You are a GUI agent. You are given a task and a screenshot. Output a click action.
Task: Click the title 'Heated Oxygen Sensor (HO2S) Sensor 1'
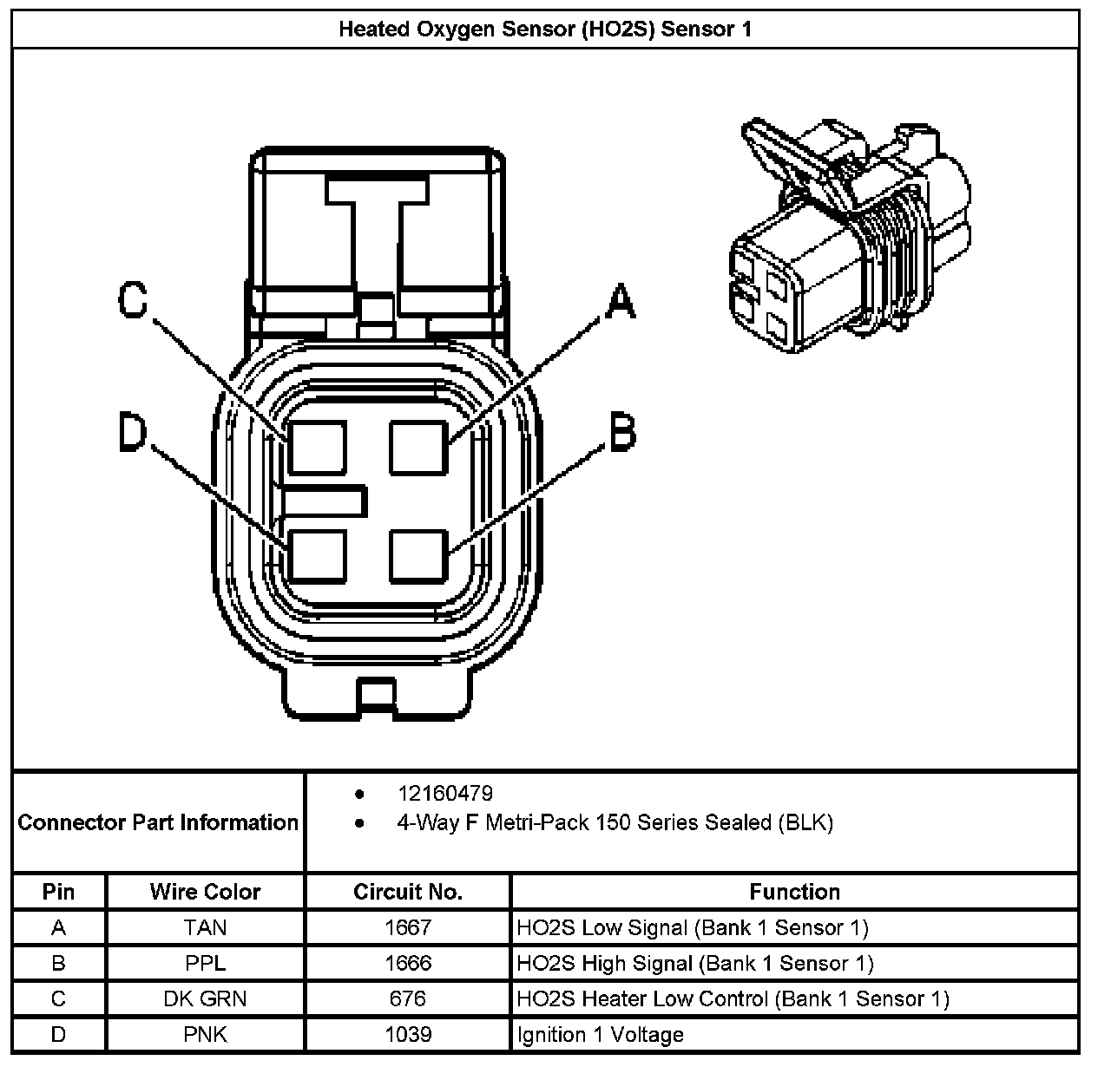(x=545, y=29)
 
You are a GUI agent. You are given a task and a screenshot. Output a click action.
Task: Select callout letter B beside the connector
(x=621, y=432)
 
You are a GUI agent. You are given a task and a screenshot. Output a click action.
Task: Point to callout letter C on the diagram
(x=133, y=301)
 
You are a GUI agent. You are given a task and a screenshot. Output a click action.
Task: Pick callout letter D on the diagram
(x=133, y=432)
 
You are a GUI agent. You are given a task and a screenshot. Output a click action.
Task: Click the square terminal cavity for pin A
(x=418, y=447)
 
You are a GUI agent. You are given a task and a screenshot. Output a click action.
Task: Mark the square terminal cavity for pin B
(x=418, y=555)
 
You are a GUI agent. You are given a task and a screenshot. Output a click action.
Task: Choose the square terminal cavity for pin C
(x=318, y=447)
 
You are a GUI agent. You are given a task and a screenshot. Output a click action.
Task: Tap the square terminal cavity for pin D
(x=318, y=555)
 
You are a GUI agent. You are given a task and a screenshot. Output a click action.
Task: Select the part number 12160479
(x=445, y=793)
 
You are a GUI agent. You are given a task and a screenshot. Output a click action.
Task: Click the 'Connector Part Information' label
(x=158, y=822)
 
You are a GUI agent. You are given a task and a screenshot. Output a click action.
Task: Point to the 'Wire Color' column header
(x=205, y=892)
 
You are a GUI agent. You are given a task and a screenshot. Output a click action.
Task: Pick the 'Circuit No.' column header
(x=408, y=892)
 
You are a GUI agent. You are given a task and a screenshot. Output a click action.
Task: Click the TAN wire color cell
(x=205, y=927)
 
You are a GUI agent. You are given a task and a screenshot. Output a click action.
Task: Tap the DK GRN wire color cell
(x=205, y=998)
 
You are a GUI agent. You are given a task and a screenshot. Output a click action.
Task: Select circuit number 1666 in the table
(x=408, y=963)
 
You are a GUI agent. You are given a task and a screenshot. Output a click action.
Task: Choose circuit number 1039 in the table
(x=408, y=1034)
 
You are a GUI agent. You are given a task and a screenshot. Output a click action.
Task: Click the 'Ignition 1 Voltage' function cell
(x=600, y=1035)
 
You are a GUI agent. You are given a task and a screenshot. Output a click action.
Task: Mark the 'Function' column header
(x=794, y=892)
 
